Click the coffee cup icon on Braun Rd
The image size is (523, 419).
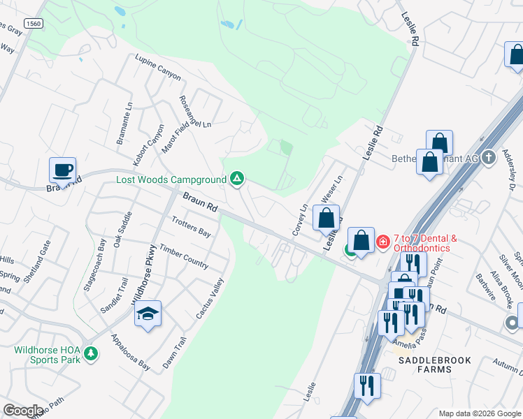coord(63,170)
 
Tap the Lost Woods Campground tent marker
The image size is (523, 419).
coord(237,179)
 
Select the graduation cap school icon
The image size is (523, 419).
coord(148,314)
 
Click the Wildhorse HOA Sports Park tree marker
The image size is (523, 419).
coord(89,353)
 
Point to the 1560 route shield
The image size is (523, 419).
coord(33,24)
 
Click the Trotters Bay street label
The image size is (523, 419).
coord(190,226)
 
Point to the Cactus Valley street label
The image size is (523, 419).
coord(210,299)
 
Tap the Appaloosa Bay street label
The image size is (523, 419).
coord(130,351)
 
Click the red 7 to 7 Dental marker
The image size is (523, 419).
coord(383,242)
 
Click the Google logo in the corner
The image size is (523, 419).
coord(23,411)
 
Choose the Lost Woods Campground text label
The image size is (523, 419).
coord(171,179)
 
